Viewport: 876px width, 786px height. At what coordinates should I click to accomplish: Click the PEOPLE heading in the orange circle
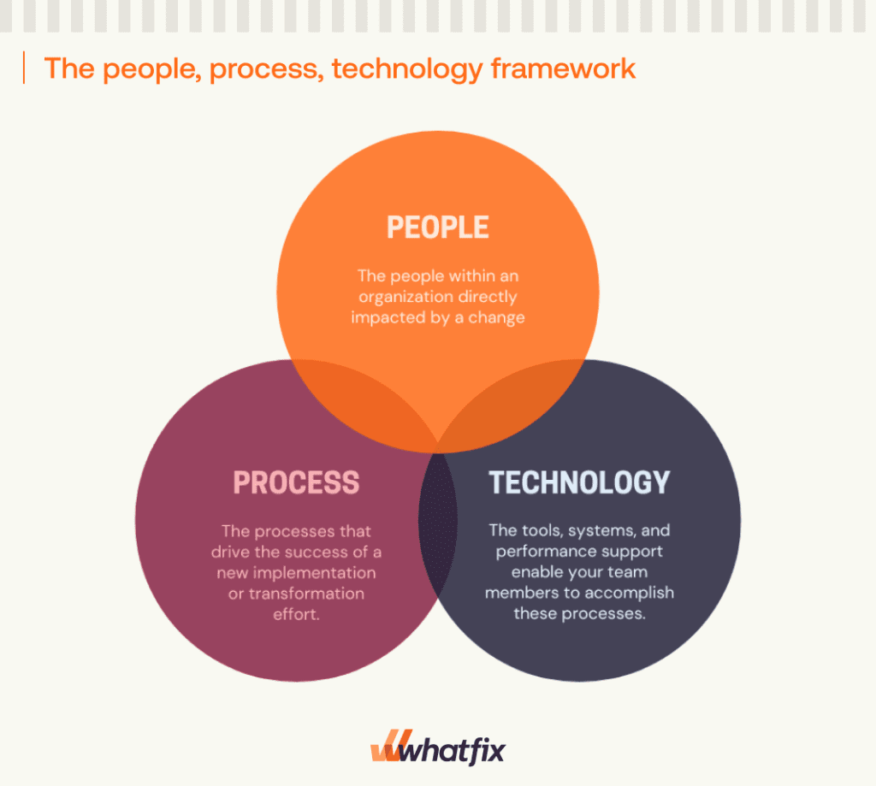[x=437, y=228]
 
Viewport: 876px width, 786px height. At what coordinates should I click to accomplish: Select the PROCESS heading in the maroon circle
[x=296, y=482]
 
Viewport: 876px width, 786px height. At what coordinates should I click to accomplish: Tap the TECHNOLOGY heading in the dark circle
[x=579, y=482]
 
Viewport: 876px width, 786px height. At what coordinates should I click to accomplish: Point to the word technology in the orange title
[x=406, y=68]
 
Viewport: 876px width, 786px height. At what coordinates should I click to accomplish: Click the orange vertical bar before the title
[x=24, y=68]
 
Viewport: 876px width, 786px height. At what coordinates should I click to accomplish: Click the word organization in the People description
[x=405, y=298]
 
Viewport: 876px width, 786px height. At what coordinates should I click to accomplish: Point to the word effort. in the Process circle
[x=295, y=613]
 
